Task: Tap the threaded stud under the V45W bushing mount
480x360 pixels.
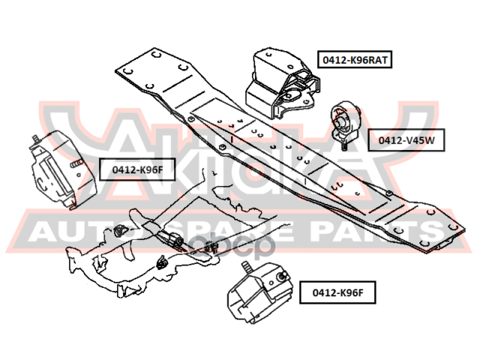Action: pyautogui.click(x=343, y=145)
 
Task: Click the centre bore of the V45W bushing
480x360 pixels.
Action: pyautogui.click(x=341, y=117)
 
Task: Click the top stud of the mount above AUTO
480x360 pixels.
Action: pyautogui.click(x=35, y=139)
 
